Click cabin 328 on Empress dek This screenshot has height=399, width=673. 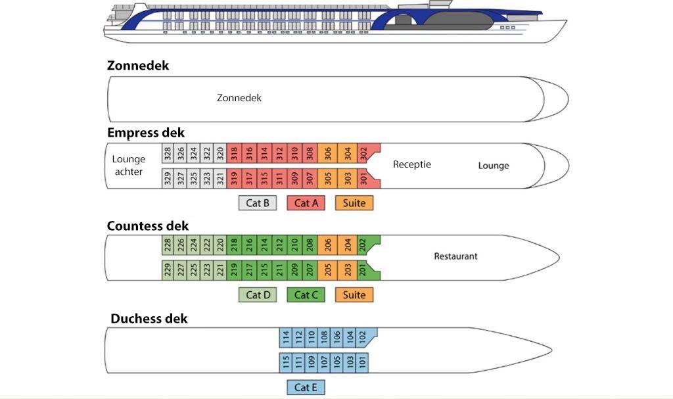click(x=168, y=154)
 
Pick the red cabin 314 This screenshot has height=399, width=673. click(x=265, y=154)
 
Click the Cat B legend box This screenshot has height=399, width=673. click(x=258, y=203)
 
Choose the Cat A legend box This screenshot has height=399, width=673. click(x=306, y=203)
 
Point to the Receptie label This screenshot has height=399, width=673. click(x=412, y=164)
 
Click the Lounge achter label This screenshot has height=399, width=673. click(x=129, y=166)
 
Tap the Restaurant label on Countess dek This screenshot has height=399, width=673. click(x=455, y=256)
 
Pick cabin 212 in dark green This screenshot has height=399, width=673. click(x=280, y=246)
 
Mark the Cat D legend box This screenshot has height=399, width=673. click(x=258, y=295)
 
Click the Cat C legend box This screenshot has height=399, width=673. click(x=306, y=295)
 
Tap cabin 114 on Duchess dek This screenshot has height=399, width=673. click(x=287, y=338)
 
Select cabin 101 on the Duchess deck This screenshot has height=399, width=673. click(x=363, y=361)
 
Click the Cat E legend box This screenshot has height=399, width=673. click(x=306, y=387)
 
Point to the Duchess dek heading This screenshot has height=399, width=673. click(x=149, y=319)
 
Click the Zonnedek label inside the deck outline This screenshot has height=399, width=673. click(x=239, y=98)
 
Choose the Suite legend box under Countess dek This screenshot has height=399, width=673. click(x=354, y=295)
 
